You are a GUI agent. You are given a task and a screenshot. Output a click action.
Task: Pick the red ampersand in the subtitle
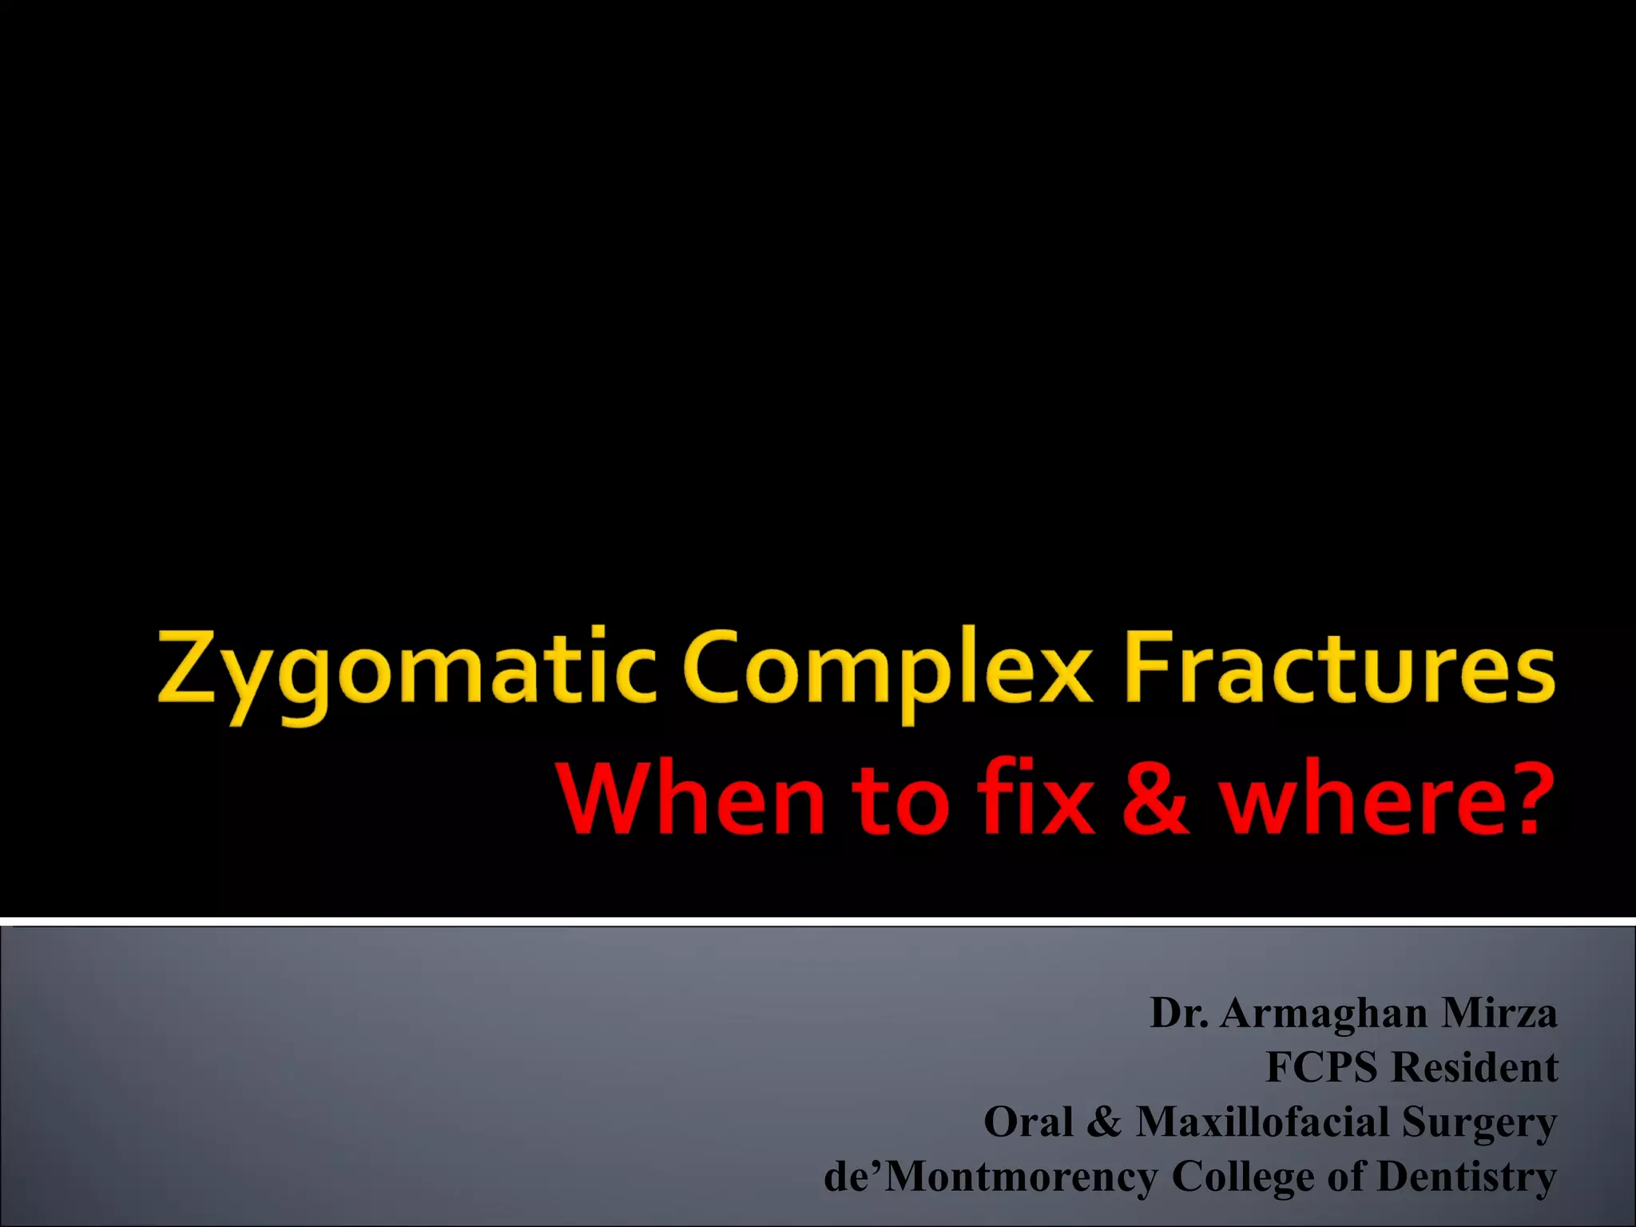(1154, 799)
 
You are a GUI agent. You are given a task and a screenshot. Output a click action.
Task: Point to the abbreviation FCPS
(1322, 1067)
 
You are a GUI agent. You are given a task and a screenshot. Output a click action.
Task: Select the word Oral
(1028, 1122)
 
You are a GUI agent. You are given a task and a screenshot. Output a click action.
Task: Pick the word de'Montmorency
(991, 1177)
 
